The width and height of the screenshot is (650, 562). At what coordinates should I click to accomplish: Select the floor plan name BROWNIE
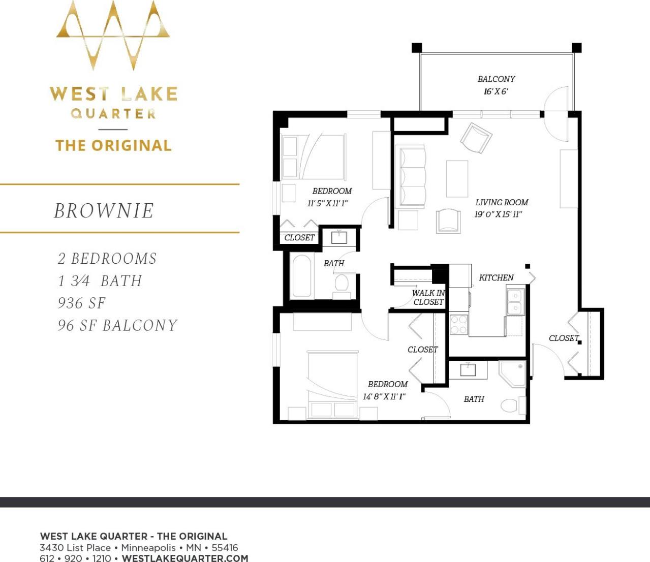104,211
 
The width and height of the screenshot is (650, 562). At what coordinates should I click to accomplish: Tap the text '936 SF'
81,303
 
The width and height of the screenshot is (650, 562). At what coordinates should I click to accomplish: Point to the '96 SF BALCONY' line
117,326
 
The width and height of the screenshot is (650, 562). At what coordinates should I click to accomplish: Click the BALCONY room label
496,79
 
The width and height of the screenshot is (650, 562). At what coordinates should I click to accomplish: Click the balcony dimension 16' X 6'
496,91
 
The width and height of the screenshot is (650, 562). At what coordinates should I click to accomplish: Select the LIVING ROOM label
502,202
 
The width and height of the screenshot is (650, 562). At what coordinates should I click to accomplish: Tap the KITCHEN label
496,277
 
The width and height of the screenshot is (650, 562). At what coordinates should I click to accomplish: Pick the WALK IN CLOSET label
428,297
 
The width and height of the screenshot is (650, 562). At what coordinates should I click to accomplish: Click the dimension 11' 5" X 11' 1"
328,203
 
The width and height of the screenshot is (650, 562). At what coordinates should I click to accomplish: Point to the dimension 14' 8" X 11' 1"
384,396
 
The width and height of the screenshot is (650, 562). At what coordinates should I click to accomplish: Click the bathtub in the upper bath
301,275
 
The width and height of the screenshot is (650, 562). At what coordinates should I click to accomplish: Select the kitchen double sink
515,302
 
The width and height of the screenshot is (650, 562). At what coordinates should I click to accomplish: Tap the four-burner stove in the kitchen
458,325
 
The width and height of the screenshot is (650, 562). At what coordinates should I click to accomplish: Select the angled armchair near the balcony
476,138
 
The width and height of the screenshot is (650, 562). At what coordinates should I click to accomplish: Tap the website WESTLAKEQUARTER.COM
185,558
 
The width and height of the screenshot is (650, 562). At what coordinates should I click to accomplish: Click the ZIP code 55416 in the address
225,548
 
